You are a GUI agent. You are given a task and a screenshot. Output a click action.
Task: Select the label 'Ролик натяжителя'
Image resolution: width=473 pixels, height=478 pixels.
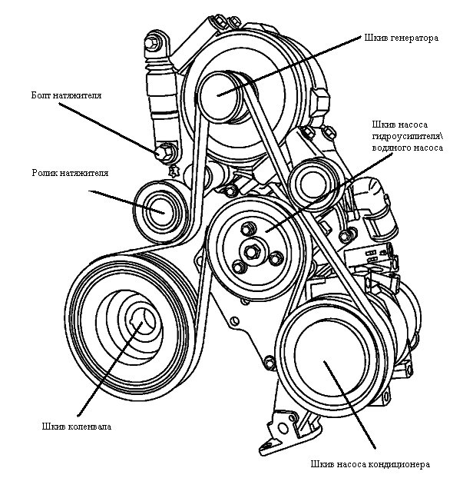(x=70, y=174)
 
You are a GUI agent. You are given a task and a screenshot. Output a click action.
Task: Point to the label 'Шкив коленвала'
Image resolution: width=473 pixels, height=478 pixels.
(x=78, y=427)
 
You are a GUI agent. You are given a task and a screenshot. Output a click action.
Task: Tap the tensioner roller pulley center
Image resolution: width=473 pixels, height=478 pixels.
(x=158, y=207)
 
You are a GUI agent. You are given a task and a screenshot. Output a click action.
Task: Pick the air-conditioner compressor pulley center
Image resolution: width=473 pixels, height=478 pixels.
(x=327, y=360)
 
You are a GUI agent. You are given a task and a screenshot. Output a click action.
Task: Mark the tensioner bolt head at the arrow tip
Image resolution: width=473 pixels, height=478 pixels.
(x=163, y=151)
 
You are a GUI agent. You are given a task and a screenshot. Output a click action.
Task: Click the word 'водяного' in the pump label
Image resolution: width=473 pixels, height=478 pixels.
(x=390, y=151)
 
